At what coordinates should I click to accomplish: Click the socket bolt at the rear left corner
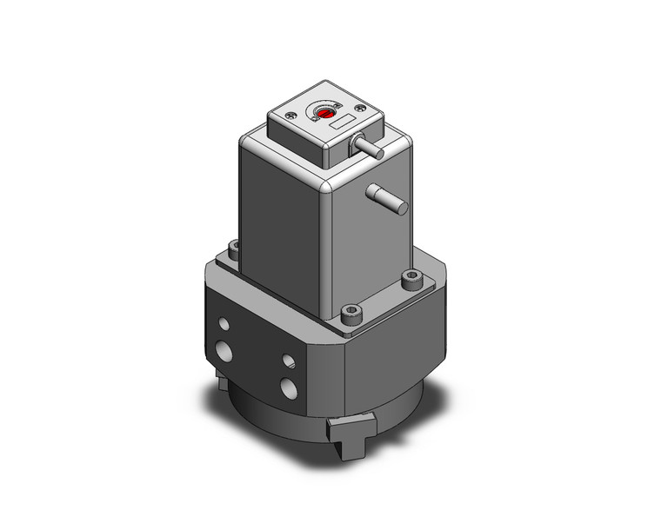pos(232,248)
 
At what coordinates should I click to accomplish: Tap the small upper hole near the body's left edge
pos(225,323)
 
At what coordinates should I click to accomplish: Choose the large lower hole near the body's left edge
pos(225,352)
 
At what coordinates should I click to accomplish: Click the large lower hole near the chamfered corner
pos(289,386)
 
